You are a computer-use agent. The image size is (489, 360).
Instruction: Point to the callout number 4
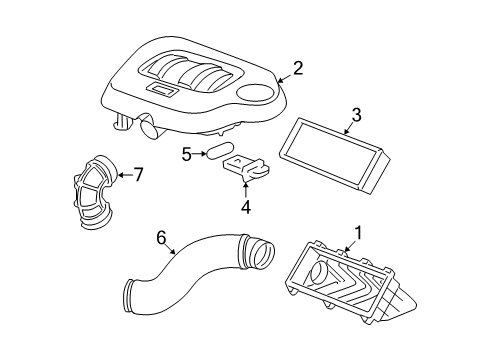(246, 210)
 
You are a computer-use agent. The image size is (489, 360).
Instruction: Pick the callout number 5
(187, 153)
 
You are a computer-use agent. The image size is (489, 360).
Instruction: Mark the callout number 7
(139, 175)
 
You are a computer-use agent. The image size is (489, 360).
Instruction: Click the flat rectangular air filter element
(335, 163)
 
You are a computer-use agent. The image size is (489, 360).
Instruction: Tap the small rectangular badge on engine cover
(159, 90)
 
